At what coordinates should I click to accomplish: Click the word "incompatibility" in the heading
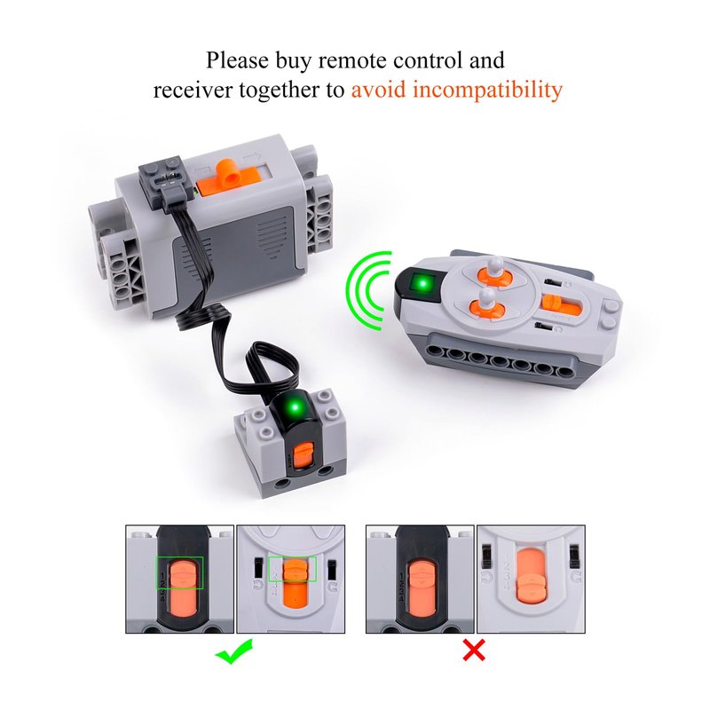[x=487, y=90]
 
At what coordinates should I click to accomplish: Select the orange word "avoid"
[x=378, y=90]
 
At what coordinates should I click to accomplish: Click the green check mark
[x=233, y=651]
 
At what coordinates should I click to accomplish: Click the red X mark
[x=474, y=651]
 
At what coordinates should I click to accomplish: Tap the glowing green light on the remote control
[x=423, y=284]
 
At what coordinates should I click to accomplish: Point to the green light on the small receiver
[x=296, y=407]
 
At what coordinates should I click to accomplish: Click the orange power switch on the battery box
[x=225, y=179]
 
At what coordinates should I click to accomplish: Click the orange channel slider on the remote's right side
[x=561, y=305]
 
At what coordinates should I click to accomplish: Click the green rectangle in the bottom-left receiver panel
[x=180, y=572]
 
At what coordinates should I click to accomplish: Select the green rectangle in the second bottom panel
[x=292, y=570]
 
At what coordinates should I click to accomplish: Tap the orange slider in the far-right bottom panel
[x=530, y=577]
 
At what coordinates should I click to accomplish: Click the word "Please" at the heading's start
[x=237, y=60]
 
